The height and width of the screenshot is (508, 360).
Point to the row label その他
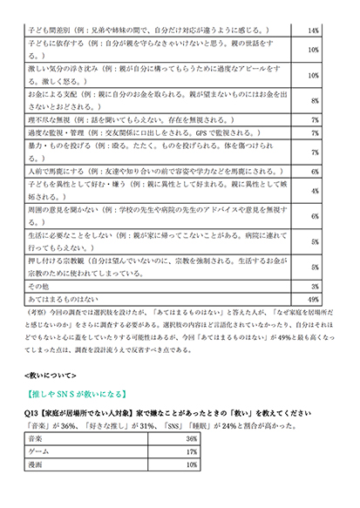39,285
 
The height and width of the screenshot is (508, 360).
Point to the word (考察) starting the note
37,311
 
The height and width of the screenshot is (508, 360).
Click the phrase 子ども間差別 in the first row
51,30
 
